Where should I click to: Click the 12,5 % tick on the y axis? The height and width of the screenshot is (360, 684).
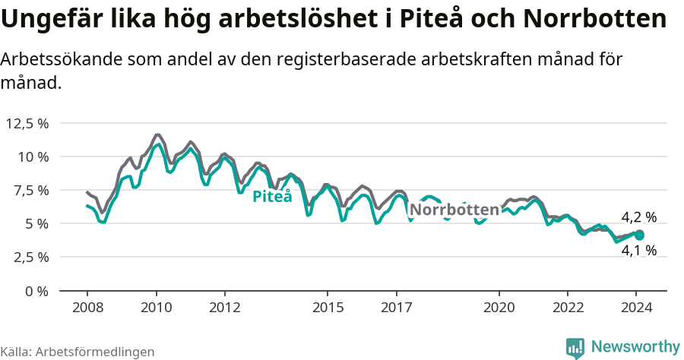[x=27, y=123]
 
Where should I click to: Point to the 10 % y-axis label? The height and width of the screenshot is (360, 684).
[x=33, y=156]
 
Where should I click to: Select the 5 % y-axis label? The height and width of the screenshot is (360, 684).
[x=36, y=223]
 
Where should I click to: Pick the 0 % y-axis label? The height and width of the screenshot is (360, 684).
[x=36, y=290]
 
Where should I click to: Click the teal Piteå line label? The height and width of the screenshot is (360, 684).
[x=272, y=197]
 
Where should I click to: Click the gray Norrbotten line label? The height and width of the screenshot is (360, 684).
[x=454, y=210]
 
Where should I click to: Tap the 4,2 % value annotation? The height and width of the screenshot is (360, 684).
[x=638, y=218]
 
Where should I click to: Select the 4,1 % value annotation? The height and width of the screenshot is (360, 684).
[x=638, y=251]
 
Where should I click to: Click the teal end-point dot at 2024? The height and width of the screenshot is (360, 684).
[x=640, y=235]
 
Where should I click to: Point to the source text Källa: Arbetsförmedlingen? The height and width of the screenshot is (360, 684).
[x=78, y=352]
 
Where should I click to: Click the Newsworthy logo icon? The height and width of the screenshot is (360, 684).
[x=575, y=347]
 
